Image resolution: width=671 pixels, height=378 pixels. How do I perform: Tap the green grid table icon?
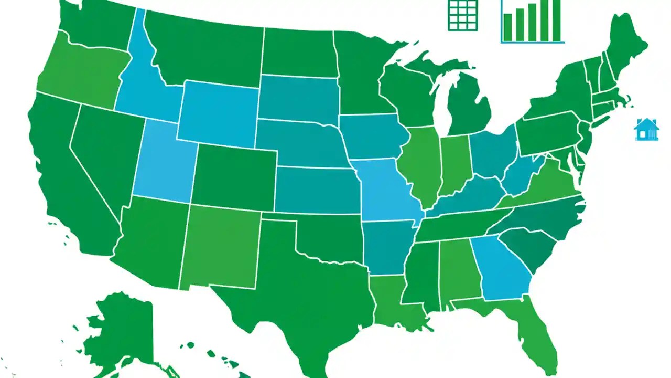(x=463, y=15)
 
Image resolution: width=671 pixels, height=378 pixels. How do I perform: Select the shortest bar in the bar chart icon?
(x=507, y=27)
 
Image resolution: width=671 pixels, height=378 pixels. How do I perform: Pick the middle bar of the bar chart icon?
(x=532, y=22)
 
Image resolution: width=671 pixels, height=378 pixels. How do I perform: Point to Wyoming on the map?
(x=219, y=113)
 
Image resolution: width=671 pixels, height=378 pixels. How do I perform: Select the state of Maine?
(x=626, y=45)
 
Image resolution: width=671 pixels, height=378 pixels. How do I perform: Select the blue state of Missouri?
(x=385, y=189)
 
